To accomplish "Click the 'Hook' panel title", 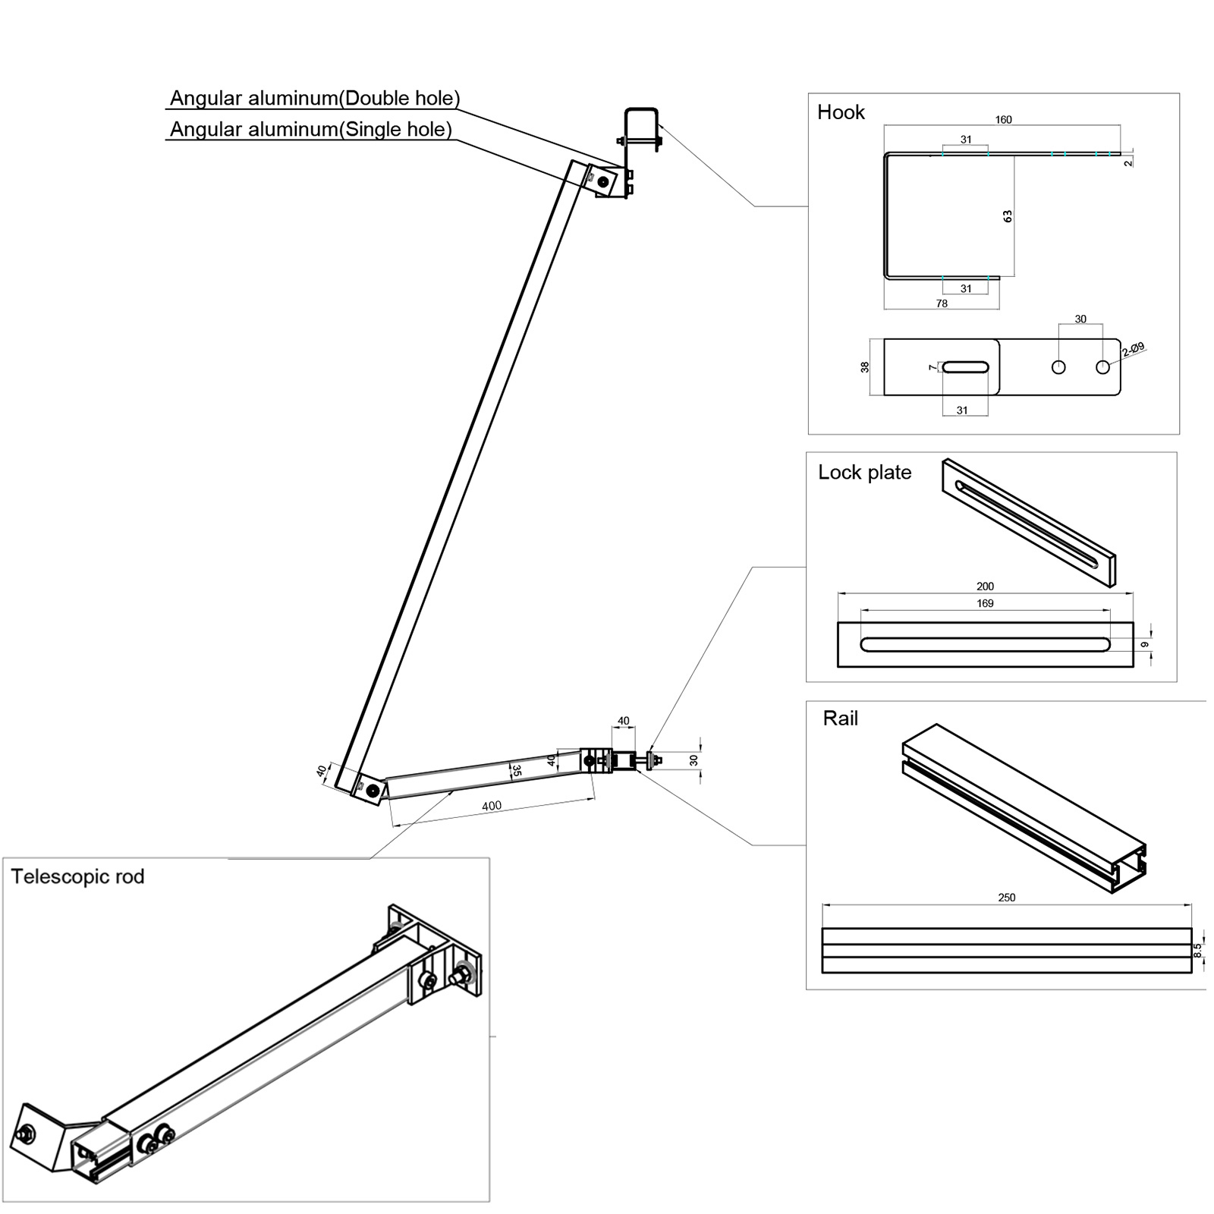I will [x=840, y=112].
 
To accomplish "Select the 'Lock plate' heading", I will [x=864, y=472].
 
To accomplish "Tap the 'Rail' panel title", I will [x=840, y=718].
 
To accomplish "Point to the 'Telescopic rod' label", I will [x=77, y=876].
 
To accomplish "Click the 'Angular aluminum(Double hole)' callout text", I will [x=314, y=98].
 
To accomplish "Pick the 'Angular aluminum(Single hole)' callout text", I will [x=310, y=129].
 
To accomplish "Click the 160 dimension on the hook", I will [x=1003, y=119].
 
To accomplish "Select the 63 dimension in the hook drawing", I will [x=1008, y=215].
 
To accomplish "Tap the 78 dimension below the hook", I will [x=942, y=303].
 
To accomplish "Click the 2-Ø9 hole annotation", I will [x=1133, y=350].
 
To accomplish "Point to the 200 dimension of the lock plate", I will [x=985, y=586].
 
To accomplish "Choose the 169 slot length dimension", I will [x=985, y=603].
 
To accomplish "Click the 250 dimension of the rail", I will [x=1006, y=897].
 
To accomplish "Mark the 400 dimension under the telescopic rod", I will [x=492, y=806].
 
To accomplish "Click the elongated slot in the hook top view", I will [x=965, y=367].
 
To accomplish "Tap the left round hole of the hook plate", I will [x=1058, y=367].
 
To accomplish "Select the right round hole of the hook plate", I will [x=1102, y=367].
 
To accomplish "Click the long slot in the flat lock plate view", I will [x=985, y=645].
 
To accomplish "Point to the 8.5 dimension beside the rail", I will [x=1198, y=950].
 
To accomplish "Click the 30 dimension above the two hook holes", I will [x=1080, y=319].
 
